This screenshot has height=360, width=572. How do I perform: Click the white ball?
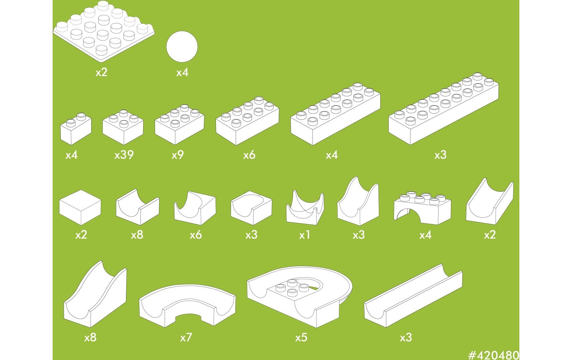click(182, 47)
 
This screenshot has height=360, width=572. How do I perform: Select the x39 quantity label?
click(124, 155)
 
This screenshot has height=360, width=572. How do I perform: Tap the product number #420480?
click(494, 355)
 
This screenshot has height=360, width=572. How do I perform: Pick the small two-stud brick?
click(75, 129)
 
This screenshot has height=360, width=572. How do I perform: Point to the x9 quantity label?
click(178, 155)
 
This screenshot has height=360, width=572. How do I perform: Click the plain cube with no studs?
click(80, 207)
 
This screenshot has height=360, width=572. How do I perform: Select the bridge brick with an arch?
click(422, 208)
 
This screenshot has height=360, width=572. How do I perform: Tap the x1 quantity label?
click(305, 235)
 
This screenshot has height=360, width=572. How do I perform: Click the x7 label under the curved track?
click(186, 338)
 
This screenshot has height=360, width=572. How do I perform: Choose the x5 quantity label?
click(301, 338)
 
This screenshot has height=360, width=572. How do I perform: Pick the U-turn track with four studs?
click(300, 297)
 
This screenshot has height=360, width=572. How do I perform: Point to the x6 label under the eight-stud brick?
click(249, 155)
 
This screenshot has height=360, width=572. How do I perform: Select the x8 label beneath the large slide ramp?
click(91, 338)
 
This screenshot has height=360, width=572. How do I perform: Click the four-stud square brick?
click(123, 127)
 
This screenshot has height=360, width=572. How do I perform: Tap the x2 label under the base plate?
click(101, 72)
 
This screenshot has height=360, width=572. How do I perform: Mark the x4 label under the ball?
click(182, 72)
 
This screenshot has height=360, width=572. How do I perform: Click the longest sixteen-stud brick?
click(444, 109)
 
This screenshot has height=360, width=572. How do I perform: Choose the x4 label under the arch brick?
click(425, 235)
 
